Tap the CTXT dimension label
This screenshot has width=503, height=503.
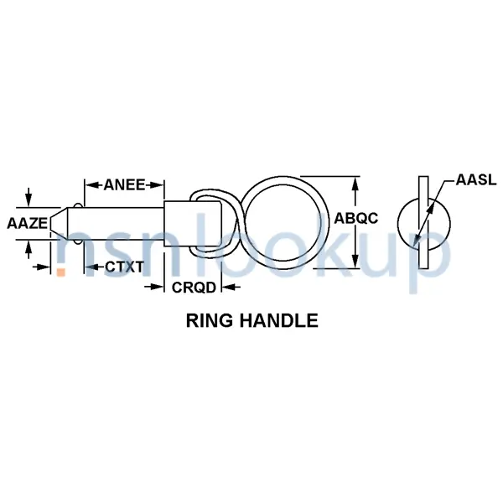124,267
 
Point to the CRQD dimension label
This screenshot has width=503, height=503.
194,287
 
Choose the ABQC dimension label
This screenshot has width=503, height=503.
357,218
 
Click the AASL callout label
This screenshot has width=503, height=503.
476,179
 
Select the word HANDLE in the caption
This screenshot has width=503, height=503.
277,319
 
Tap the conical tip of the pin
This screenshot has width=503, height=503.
57,223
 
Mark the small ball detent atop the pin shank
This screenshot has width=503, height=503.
79,205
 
